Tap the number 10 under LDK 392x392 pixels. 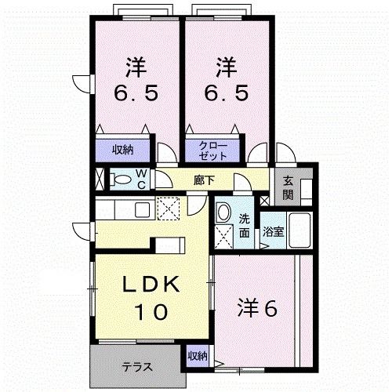(149, 312)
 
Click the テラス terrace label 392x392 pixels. (136, 366)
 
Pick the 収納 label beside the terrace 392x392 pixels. (198, 357)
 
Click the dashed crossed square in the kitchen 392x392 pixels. (169, 209)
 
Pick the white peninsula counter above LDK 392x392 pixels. (167, 244)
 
